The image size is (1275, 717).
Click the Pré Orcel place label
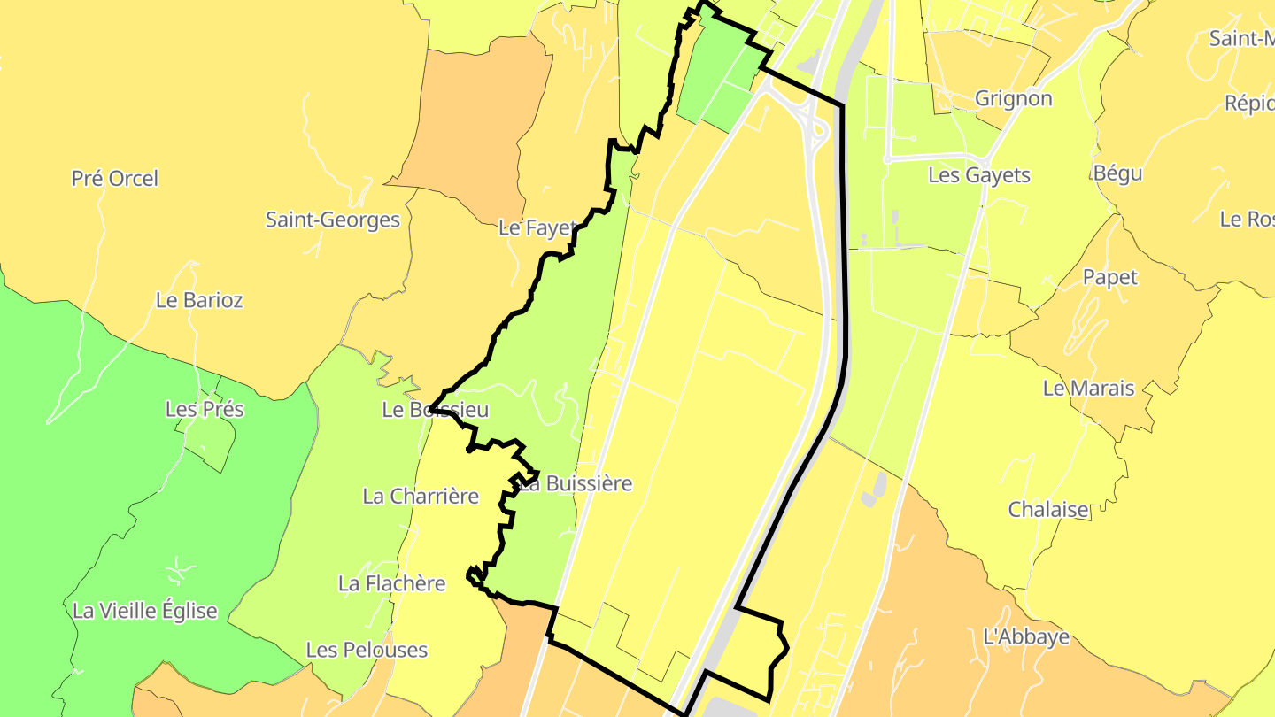coord(115,179)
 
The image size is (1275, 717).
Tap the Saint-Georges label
coord(333,220)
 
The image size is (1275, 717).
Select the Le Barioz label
coord(199,300)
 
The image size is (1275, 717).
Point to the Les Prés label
coord(205,410)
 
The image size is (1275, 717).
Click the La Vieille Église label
coord(145,611)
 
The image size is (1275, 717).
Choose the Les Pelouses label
coord(367,650)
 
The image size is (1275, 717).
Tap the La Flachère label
coord(392,583)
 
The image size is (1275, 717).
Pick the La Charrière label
coord(421,496)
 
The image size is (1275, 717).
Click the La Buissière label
coord(576,483)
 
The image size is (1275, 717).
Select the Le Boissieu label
coord(436,410)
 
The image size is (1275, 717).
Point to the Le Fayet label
coord(537,228)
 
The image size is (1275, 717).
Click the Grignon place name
coord(1014,98)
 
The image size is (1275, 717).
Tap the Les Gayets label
coord(979,175)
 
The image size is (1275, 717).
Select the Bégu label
coord(1118,173)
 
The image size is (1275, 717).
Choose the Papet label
coord(1110,278)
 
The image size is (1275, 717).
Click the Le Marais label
coord(1088,388)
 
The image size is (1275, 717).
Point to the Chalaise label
coord(1049,510)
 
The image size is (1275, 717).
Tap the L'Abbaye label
coord(1026,636)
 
